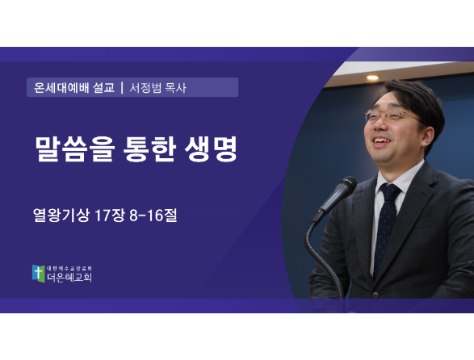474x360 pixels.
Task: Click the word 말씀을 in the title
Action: (x=74, y=149)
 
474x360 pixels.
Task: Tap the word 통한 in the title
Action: (x=150, y=149)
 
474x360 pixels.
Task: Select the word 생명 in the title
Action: (x=212, y=149)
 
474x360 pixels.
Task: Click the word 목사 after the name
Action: (x=176, y=88)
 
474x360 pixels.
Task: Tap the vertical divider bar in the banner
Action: (x=122, y=88)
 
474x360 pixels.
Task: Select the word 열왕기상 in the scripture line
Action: (x=61, y=216)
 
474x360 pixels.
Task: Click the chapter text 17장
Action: (x=110, y=216)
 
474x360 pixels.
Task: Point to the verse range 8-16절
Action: (x=153, y=216)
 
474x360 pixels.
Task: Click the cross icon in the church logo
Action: (x=39, y=274)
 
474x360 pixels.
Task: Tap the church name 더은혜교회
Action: (x=69, y=277)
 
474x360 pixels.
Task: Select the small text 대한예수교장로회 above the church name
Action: (x=69, y=269)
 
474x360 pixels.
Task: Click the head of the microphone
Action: (x=345, y=190)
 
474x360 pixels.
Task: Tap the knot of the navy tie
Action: (x=390, y=191)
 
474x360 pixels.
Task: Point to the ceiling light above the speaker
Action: (x=372, y=77)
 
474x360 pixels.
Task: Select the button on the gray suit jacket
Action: (x=375, y=294)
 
